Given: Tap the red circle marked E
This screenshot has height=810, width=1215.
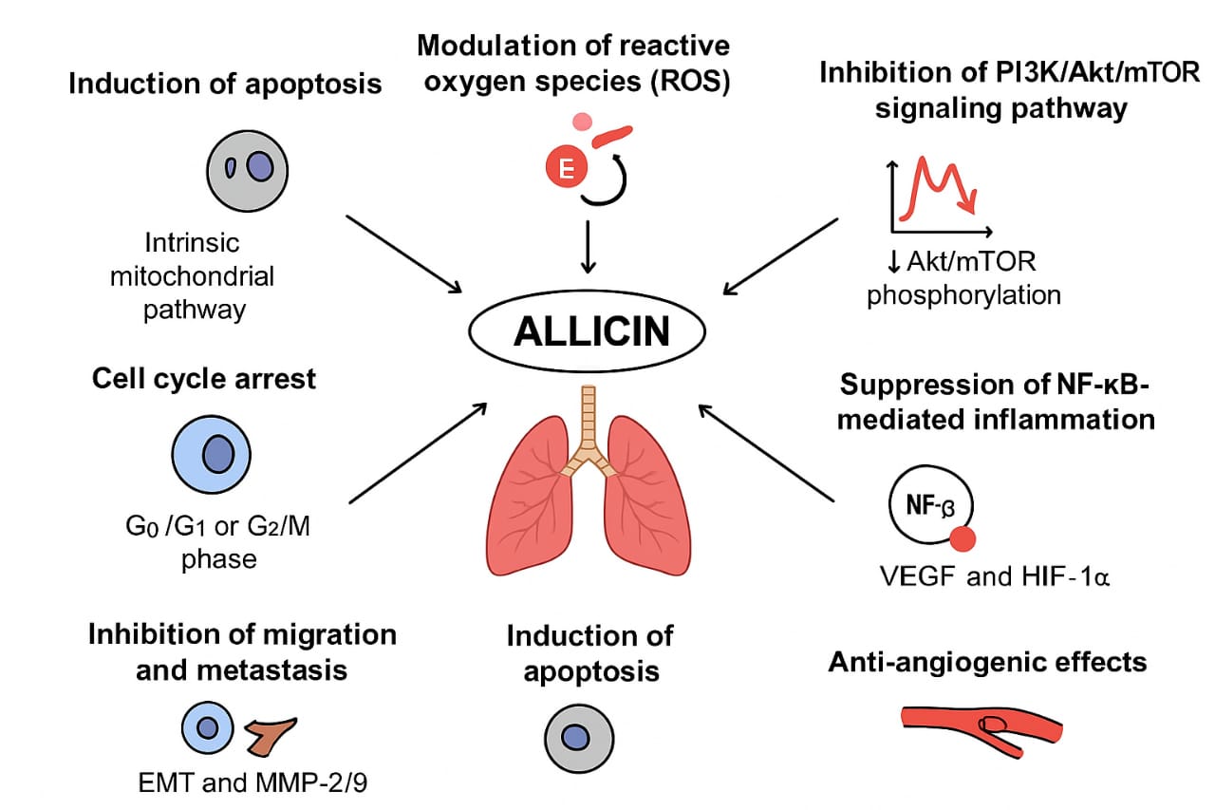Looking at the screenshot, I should (567, 170).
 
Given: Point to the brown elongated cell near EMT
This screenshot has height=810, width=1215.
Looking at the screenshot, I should (271, 733).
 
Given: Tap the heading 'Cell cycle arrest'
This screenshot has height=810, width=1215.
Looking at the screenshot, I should (204, 379).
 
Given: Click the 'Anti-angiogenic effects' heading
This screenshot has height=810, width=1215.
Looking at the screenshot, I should (987, 661).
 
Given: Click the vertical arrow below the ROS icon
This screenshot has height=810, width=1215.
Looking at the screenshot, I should (589, 246).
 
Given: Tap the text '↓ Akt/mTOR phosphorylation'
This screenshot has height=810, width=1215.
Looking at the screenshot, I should (963, 277).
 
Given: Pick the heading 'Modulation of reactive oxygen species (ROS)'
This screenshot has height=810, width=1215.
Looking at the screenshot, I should (574, 63).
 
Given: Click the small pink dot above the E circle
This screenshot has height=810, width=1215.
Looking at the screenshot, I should (583, 122).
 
